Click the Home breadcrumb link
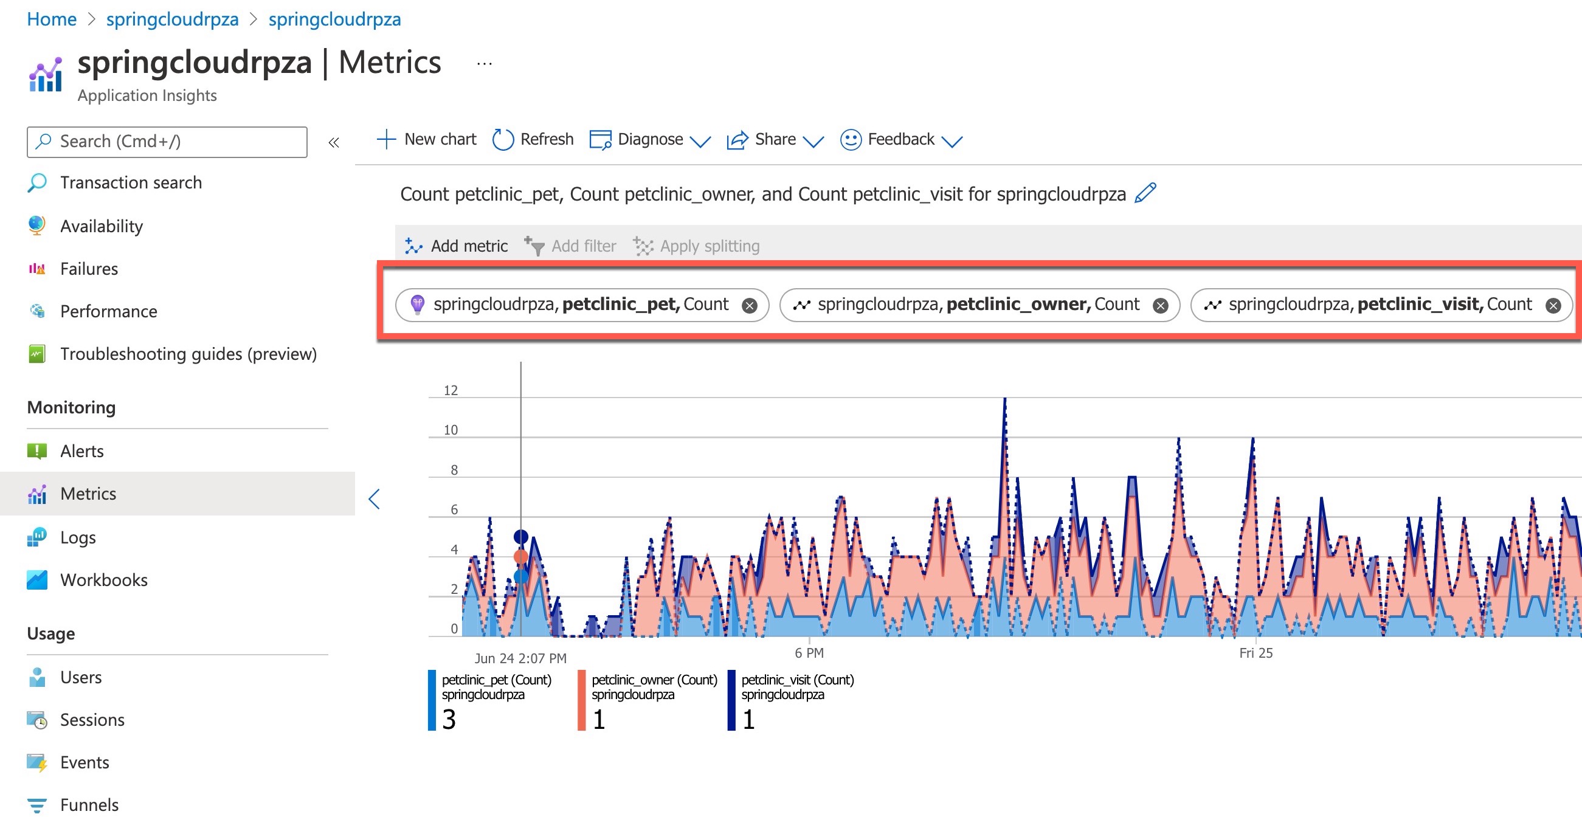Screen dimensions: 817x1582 (52, 19)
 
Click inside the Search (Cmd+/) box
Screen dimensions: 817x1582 (167, 142)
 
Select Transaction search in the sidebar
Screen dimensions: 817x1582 (131, 182)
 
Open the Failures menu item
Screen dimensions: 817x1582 (89, 269)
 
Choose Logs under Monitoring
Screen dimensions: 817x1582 (78, 537)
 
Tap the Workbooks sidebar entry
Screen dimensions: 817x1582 (104, 580)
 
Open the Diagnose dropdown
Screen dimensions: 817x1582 (650, 139)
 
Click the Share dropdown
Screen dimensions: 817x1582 (775, 139)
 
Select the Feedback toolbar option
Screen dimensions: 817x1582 (900, 139)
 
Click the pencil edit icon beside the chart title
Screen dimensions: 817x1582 (1145, 193)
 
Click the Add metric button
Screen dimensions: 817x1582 (456, 246)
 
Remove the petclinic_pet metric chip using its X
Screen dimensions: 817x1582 (749, 306)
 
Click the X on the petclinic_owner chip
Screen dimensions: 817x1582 (1160, 306)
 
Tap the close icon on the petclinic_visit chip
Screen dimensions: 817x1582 (1553, 306)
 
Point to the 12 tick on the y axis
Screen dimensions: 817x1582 (451, 390)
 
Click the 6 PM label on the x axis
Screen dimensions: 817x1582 (809, 653)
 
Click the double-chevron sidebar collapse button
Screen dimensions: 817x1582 (333, 143)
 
